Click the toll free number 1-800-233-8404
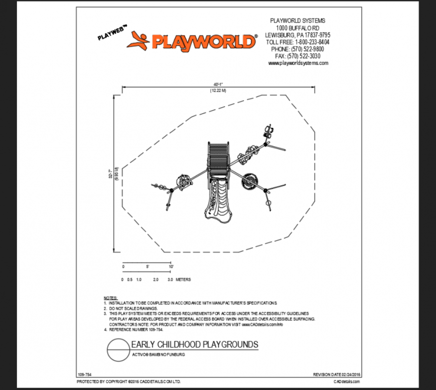coord(298,42)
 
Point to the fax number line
coord(298,56)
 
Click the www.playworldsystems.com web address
coord(298,64)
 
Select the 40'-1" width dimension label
coord(217,84)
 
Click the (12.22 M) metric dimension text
coord(217,91)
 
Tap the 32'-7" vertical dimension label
coord(110,173)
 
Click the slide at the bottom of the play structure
coord(219,201)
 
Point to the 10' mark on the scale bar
coord(171,267)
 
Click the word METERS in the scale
coord(183,279)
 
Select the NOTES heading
coord(110,298)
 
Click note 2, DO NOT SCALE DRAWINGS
coord(133,308)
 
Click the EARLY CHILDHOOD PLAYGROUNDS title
coord(194,345)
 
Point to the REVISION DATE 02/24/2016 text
coord(336,374)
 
